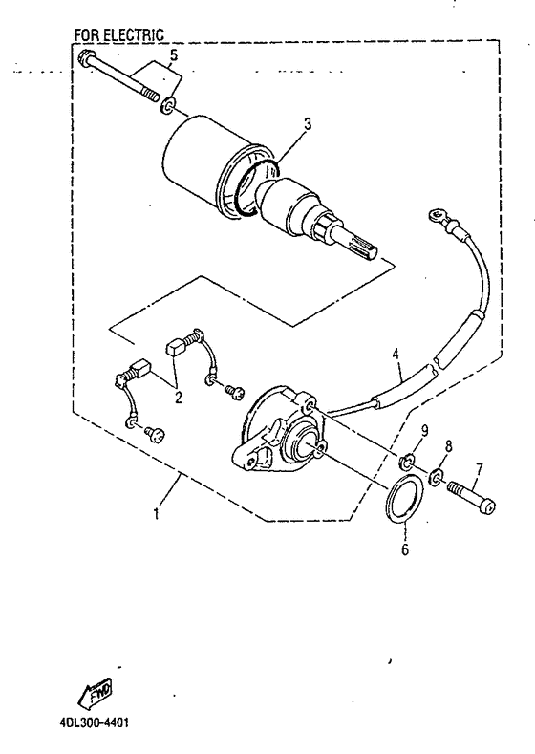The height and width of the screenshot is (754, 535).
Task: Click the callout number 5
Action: (174, 55)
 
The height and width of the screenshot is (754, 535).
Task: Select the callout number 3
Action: (308, 123)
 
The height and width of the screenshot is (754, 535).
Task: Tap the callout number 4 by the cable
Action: (396, 354)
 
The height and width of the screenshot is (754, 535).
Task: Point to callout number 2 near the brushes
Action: (179, 398)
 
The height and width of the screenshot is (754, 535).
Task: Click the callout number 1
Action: (156, 514)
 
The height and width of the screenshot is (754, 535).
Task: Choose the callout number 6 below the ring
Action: (405, 549)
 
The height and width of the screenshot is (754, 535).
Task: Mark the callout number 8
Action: (448, 446)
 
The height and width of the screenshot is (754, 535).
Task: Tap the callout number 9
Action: (424, 430)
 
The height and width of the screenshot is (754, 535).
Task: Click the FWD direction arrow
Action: (96, 691)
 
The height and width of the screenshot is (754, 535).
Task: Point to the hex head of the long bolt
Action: (85, 58)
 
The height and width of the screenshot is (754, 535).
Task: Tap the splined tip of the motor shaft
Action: (364, 248)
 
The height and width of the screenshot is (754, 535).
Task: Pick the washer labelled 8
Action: (437, 477)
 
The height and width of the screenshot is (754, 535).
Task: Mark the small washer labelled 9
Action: (406, 462)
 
